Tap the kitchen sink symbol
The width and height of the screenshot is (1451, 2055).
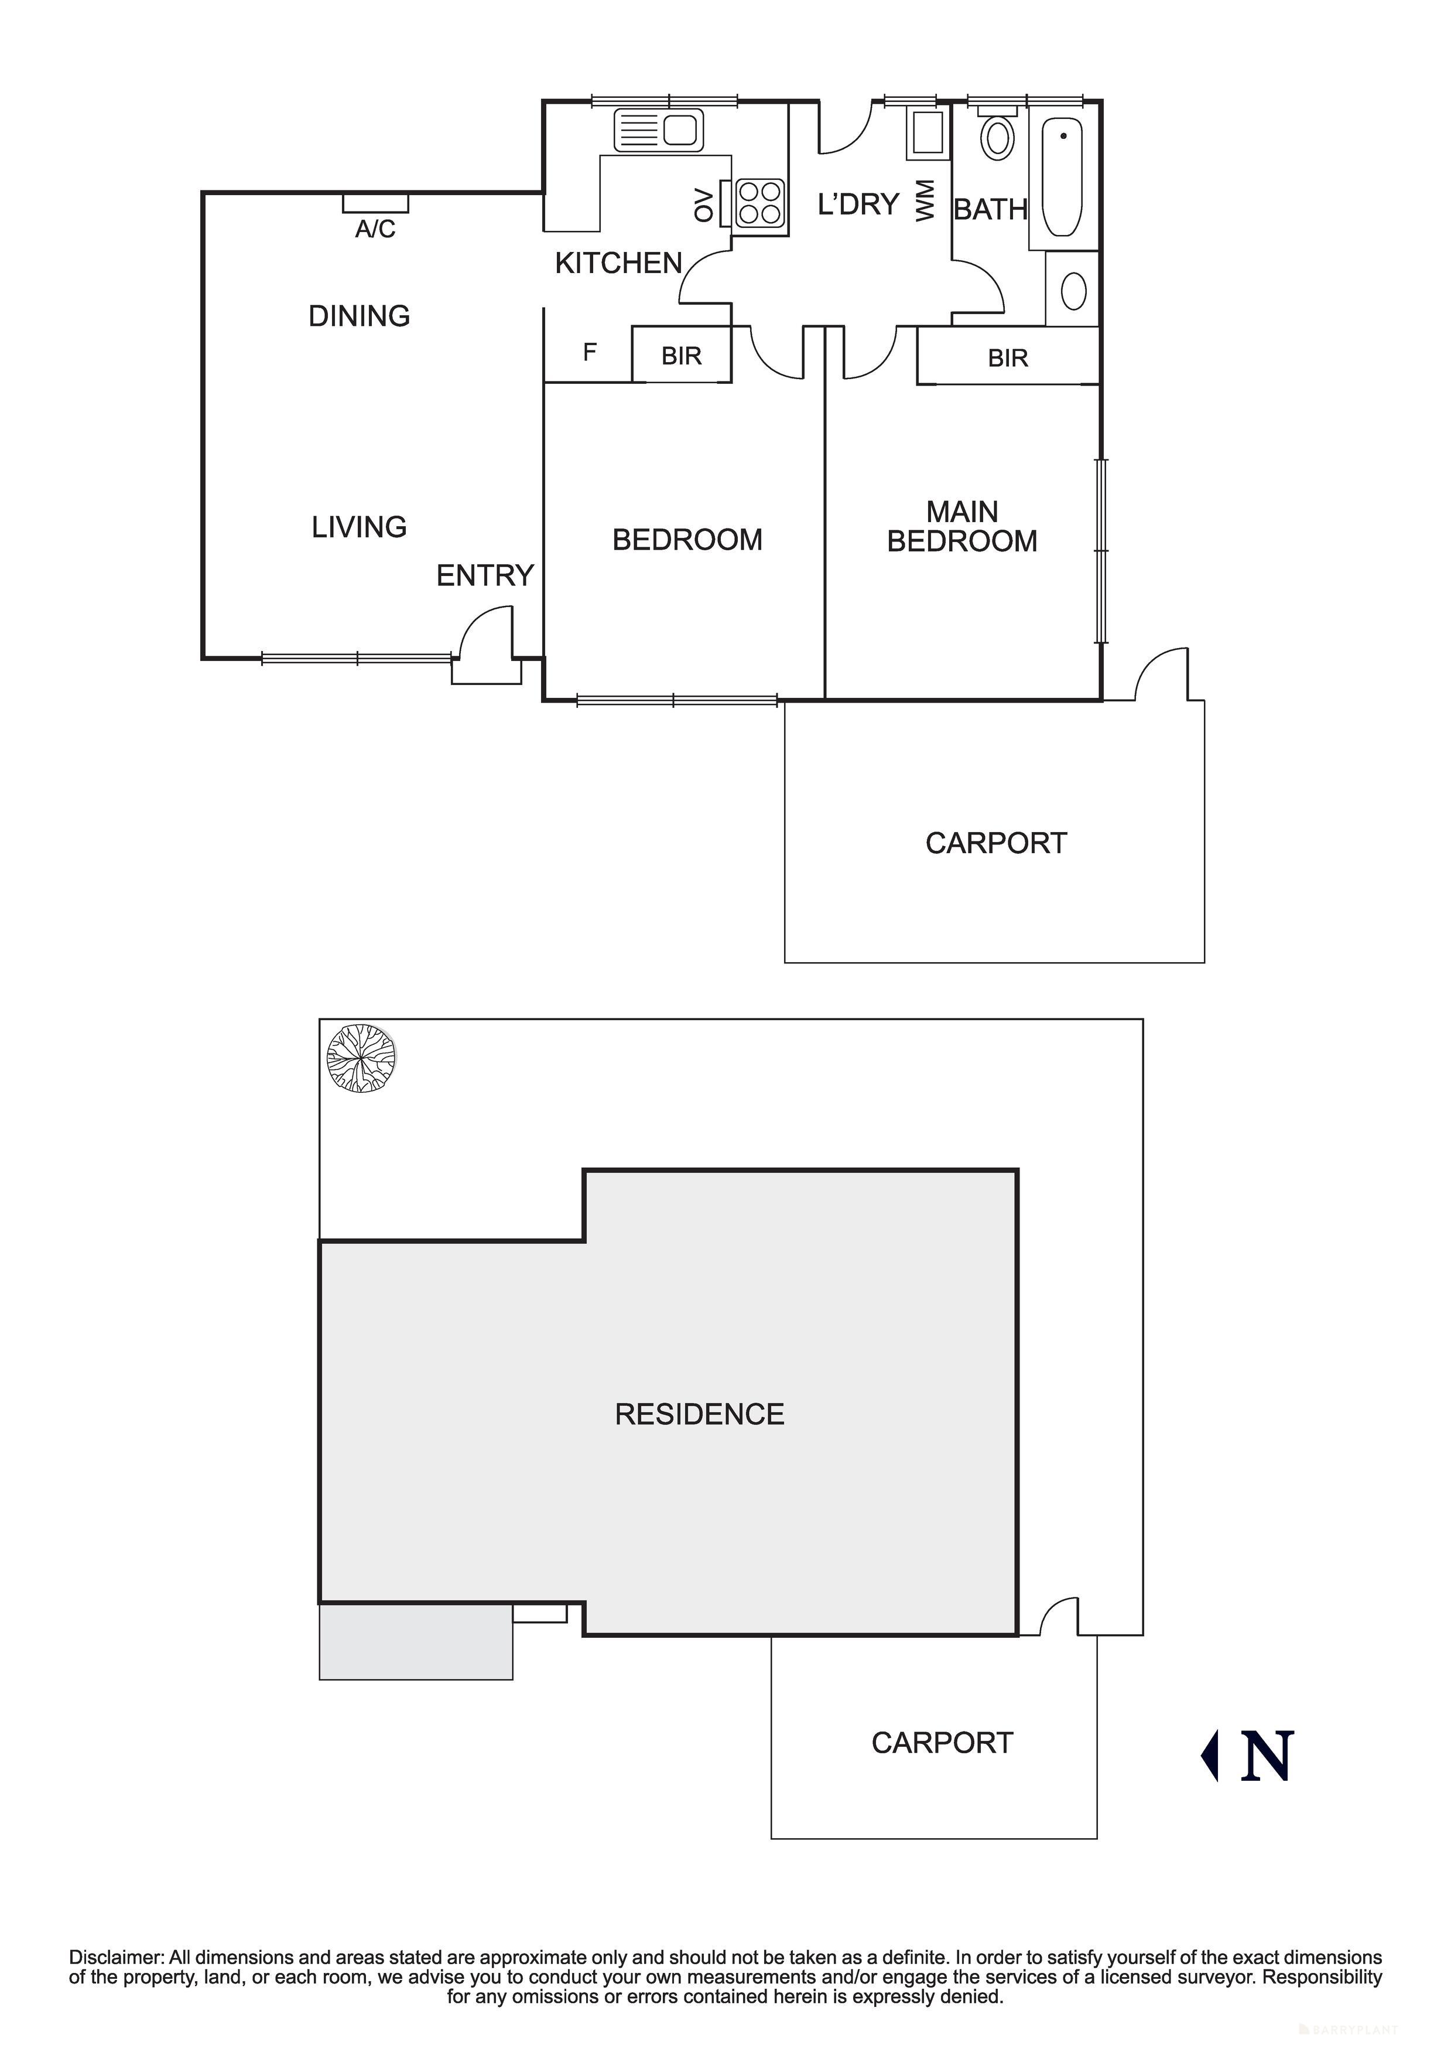pyautogui.click(x=658, y=131)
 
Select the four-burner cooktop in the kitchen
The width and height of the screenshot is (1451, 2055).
pyautogui.click(x=759, y=202)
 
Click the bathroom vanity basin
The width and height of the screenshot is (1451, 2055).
pyautogui.click(x=1073, y=290)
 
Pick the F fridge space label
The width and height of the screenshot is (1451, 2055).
pyautogui.click(x=590, y=353)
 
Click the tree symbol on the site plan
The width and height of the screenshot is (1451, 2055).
pyautogui.click(x=361, y=1059)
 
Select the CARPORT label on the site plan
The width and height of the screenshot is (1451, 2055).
pyautogui.click(x=942, y=1743)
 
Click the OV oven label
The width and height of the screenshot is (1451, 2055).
pyautogui.click(x=705, y=205)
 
